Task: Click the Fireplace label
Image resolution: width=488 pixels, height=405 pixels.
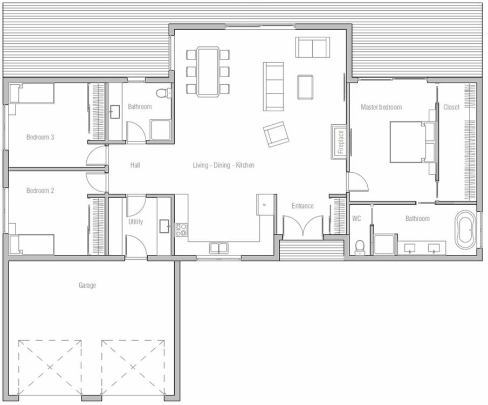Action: pyautogui.click(x=341, y=142)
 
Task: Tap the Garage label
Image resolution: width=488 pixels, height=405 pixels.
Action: pyautogui.click(x=87, y=285)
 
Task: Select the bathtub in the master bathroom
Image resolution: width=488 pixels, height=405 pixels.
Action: pyautogui.click(x=465, y=230)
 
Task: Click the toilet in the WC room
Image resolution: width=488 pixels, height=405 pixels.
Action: pyautogui.click(x=360, y=247)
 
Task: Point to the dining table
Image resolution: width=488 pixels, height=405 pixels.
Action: pyautogui.click(x=208, y=71)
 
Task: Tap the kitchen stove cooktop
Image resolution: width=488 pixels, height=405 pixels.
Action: pyautogui.click(x=181, y=230)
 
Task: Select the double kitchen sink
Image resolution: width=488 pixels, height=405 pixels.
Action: pyautogui.click(x=218, y=248)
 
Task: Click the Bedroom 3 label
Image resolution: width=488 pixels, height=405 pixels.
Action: pyautogui.click(x=40, y=137)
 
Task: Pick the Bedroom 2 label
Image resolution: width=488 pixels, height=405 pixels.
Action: pyautogui.click(x=40, y=191)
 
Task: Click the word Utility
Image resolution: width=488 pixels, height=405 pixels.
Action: pyautogui.click(x=136, y=222)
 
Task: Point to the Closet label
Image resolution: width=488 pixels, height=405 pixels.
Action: pyautogui.click(x=451, y=107)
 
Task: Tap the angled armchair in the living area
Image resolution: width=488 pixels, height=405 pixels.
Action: pyautogui.click(x=276, y=134)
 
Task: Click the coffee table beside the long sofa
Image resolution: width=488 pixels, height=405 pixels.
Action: pyautogui.click(x=305, y=87)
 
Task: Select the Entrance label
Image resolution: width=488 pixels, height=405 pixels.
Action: pyautogui.click(x=303, y=206)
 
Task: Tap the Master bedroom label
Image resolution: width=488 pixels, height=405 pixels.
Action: pyautogui.click(x=381, y=107)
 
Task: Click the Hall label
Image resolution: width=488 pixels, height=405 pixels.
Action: pyautogui.click(x=135, y=165)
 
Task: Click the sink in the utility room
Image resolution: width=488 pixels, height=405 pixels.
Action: pyautogui.click(x=164, y=226)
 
